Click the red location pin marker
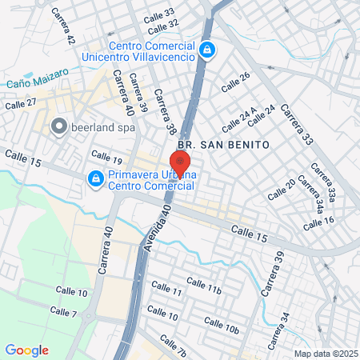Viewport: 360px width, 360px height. [180, 163]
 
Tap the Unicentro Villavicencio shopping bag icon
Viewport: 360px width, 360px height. [207, 50]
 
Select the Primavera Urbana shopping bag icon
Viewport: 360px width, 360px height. [95, 178]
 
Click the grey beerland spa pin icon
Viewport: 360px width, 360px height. [58, 126]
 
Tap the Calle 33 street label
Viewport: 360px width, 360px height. [158, 14]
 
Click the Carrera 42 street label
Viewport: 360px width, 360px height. [62, 26]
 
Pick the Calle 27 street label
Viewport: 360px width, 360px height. [21, 103]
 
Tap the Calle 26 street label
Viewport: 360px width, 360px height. [234, 76]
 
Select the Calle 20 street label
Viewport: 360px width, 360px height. [281, 189]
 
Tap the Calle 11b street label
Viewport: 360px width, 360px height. [203, 285]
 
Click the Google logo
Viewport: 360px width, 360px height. [26, 350]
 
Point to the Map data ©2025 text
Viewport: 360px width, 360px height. [324, 354]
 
